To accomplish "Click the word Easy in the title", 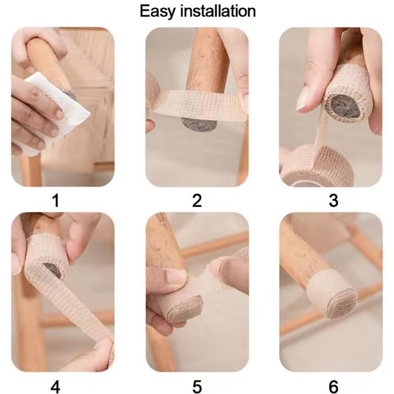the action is [x=157, y=12].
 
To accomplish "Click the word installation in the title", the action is [x=218, y=11].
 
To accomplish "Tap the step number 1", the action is [x=56, y=200].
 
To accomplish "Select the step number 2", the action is [x=197, y=200].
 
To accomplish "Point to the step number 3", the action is [x=333, y=200].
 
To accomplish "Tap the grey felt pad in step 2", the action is [x=199, y=124].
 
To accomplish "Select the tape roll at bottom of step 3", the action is [x=318, y=166].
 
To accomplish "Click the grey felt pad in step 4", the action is [x=53, y=270].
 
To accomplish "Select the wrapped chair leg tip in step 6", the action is [x=331, y=295].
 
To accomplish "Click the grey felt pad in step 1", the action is [x=69, y=95].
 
